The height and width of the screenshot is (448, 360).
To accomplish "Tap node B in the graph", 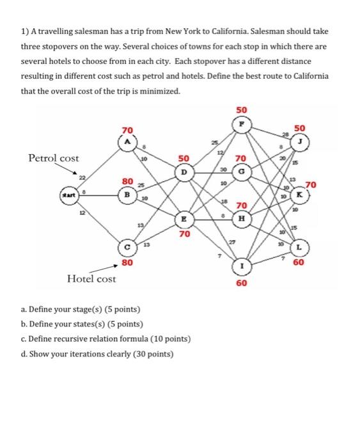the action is click(128, 190).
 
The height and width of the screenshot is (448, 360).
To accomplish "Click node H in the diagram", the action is click(241, 218).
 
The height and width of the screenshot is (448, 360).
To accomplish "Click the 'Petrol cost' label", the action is click(53, 157).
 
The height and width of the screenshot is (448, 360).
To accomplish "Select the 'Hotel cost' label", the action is click(91, 278).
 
